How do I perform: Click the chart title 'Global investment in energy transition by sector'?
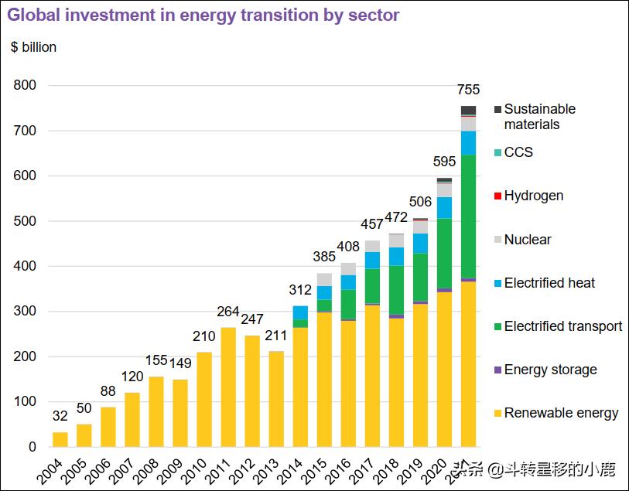click(204, 15)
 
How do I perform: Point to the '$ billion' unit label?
click(33, 47)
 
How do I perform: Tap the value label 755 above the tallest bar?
click(468, 90)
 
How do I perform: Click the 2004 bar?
click(60, 439)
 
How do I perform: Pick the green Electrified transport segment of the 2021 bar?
click(468, 216)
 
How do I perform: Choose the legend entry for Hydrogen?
click(533, 196)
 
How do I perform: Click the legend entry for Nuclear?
click(527, 240)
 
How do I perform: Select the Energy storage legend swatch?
click(498, 370)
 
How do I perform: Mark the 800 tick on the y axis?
click(25, 86)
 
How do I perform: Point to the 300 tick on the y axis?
click(25, 312)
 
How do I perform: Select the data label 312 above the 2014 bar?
click(300, 291)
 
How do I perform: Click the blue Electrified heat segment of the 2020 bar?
click(444, 207)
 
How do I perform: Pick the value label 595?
click(444, 162)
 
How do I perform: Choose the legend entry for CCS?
click(518, 152)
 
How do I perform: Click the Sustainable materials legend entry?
click(538, 117)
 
